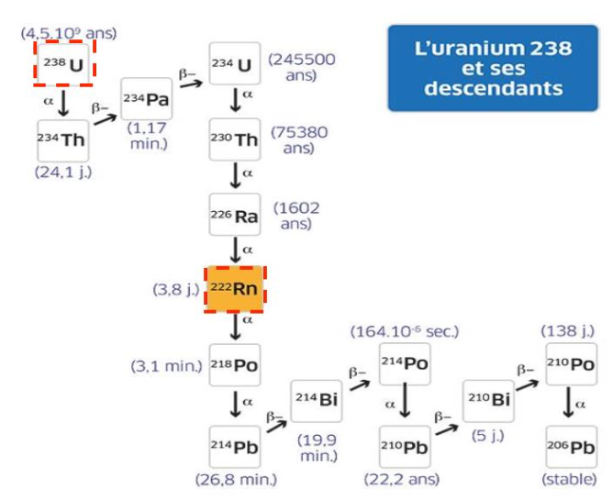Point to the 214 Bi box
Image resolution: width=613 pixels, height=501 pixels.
(317, 404)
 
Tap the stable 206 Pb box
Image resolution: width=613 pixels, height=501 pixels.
(571, 449)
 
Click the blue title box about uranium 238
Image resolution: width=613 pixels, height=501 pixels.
(480, 69)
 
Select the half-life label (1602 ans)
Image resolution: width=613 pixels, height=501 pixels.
(296, 216)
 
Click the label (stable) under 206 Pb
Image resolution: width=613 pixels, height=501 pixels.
(570, 479)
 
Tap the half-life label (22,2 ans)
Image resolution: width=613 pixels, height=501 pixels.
(405, 479)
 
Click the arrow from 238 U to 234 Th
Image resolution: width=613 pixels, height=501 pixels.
(62, 102)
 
